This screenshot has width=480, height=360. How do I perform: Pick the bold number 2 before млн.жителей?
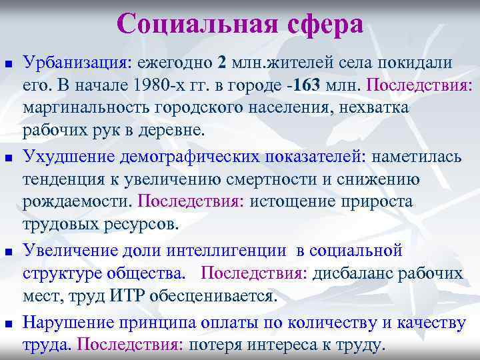pyautogui.click(x=221, y=63)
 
